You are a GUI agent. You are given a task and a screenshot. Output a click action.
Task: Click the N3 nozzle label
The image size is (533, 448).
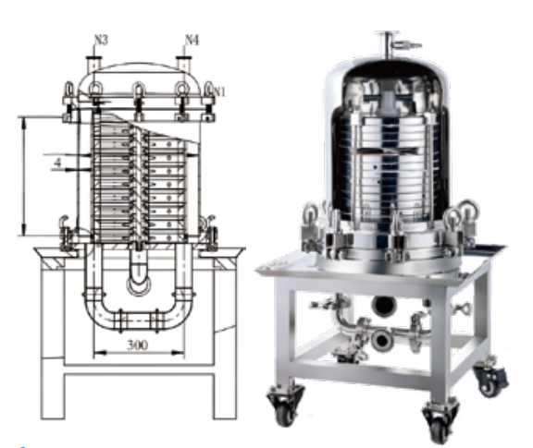coord(101,40)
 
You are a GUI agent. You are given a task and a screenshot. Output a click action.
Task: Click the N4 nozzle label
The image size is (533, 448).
coord(192,40)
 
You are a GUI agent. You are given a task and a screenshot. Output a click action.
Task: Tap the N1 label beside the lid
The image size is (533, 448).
coord(218,91)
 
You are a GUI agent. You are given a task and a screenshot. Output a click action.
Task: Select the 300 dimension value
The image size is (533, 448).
coord(138,345)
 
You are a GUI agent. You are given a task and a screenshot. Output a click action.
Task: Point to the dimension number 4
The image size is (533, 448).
coord(58,163)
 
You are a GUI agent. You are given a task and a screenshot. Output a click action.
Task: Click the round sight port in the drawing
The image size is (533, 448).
coord(139,285)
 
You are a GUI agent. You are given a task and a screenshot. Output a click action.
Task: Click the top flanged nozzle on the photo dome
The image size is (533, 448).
coord(387,42)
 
